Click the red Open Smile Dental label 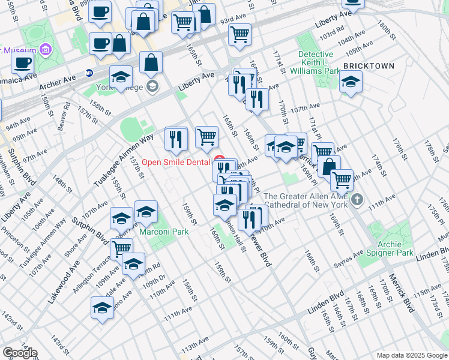tap(175, 163)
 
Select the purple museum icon tap(44, 49)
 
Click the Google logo tap(19, 353)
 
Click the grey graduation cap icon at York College tap(152, 87)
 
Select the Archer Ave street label tap(58, 83)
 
